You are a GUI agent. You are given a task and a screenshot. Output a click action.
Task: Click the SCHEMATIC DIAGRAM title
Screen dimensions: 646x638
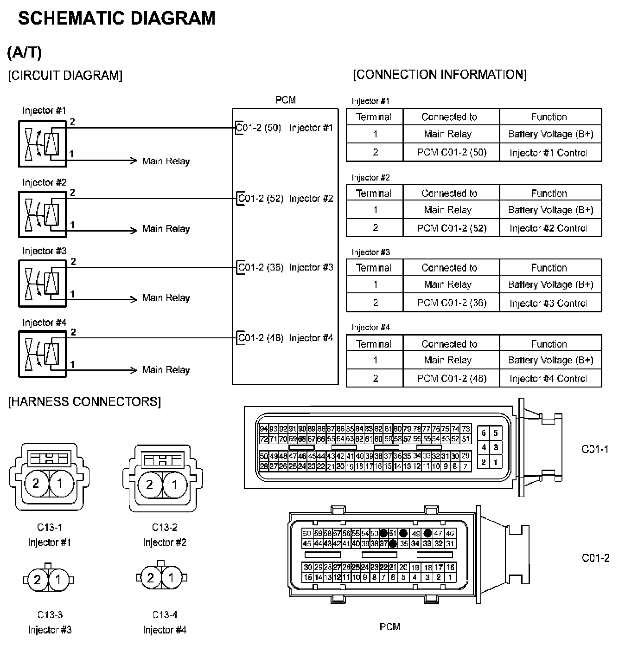pos(117,19)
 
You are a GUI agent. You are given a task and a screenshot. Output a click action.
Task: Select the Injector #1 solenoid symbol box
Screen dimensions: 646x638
pos(42,143)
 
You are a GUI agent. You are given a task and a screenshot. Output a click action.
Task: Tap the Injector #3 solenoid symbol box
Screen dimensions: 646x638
pos(42,283)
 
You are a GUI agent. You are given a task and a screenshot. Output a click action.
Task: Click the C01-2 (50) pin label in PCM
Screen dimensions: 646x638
pos(259,128)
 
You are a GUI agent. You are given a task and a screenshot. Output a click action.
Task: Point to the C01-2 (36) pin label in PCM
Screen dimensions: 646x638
pos(260,268)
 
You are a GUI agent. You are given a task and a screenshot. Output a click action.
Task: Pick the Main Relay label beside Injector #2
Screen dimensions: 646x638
pos(166,229)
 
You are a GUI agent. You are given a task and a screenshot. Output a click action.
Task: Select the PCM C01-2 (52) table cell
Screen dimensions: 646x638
pos(451,228)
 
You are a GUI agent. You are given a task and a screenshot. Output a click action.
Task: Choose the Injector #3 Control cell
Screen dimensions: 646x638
pos(548,303)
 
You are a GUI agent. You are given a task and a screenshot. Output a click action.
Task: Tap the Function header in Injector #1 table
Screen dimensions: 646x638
pos(549,117)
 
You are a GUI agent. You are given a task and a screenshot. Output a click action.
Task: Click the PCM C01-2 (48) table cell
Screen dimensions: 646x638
pos(451,379)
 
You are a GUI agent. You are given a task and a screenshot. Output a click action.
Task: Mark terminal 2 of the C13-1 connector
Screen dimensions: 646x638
pos(36,484)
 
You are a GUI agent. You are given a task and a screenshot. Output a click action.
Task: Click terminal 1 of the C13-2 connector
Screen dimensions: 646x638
pos(175,485)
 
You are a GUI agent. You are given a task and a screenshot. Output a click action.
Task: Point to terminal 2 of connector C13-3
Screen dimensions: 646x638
pos(38,580)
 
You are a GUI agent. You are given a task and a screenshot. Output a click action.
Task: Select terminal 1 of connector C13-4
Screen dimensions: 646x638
pos(172,578)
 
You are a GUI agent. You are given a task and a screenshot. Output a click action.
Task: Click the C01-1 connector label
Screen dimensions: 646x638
pos(595,449)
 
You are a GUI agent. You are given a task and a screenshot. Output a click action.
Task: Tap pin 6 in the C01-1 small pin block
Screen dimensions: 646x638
pos(484,433)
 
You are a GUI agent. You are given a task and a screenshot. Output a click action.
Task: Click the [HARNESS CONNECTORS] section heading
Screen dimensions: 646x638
pos(84,401)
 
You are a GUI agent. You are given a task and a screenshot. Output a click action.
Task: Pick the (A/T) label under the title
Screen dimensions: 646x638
pos(24,52)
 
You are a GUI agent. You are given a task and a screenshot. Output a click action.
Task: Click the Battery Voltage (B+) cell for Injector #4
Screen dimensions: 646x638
pos(550,360)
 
